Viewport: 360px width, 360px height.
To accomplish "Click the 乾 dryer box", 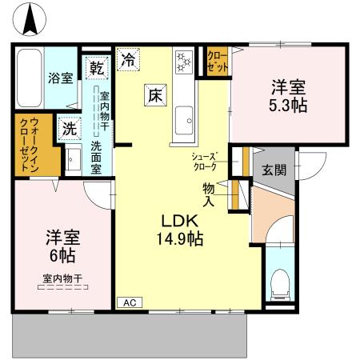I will [96, 67].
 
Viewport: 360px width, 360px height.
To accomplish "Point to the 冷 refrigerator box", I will [128, 58].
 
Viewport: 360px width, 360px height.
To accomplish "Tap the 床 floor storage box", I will [154, 94].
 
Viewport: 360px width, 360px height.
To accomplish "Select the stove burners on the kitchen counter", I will [183, 61].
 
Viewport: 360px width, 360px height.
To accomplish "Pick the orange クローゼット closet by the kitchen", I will [217, 62].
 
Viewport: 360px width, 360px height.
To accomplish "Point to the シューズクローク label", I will [205, 161].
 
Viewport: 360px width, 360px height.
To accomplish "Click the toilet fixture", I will [280, 283].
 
